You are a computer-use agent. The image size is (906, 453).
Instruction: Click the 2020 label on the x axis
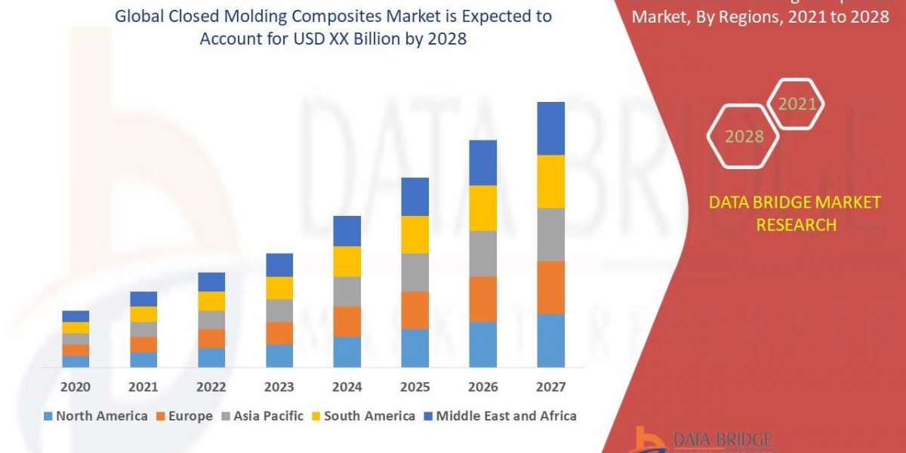[75, 387]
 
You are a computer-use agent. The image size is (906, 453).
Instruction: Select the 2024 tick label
[347, 387]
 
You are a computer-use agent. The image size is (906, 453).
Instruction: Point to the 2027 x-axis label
[550, 387]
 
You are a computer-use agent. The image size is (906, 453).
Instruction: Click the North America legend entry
[95, 416]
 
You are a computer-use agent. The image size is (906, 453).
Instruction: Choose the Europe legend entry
[183, 416]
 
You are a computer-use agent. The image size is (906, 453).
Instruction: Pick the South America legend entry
[362, 416]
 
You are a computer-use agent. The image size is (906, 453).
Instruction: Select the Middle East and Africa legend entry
[499, 416]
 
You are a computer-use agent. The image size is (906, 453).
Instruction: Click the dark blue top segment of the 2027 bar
[550, 128]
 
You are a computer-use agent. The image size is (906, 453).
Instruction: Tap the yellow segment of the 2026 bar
[482, 208]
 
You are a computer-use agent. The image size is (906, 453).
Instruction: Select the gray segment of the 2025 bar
[414, 273]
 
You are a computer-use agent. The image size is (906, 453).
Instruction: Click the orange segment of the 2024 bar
[347, 322]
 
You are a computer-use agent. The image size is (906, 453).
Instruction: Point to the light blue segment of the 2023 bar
[279, 356]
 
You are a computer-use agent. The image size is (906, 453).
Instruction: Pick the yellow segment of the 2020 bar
[75, 328]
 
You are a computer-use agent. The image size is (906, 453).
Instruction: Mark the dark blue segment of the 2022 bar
[211, 282]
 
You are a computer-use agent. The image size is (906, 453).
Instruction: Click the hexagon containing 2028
[744, 137]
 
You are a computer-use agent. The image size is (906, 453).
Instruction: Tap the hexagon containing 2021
[796, 104]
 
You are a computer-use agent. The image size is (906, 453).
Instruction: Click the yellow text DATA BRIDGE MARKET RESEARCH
[796, 214]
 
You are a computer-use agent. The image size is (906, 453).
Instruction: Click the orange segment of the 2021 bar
[143, 344]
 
